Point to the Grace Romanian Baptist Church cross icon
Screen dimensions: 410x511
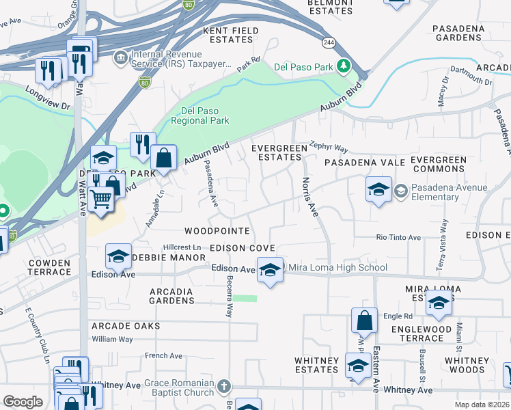coord(223,387)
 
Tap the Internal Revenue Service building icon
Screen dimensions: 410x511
coord(121,56)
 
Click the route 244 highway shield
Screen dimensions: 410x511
coord(329,42)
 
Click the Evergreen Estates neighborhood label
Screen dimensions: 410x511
coord(277,152)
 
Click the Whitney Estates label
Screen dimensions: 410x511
coord(316,365)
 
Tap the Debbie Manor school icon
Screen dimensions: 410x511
coord(118,257)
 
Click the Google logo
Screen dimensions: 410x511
coord(23,402)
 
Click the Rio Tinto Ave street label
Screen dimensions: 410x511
coord(398,238)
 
